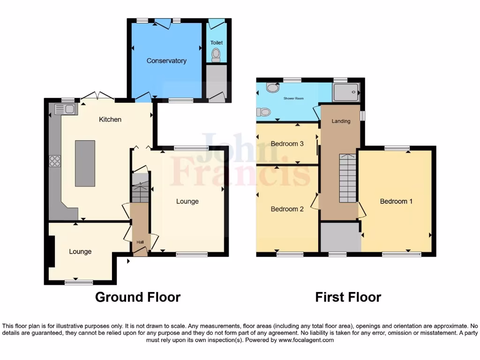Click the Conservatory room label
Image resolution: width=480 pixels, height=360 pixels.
(166, 61)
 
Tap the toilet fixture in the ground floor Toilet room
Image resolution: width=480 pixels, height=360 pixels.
(216, 55)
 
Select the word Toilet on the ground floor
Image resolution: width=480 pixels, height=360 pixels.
(216, 43)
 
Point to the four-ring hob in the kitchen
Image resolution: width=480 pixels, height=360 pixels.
(55, 161)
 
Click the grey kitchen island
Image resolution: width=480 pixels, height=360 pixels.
(85, 163)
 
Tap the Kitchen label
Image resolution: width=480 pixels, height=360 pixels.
(110, 120)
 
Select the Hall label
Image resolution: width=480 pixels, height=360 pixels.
(140, 242)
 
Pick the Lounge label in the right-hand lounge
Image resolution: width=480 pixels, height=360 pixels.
(187, 202)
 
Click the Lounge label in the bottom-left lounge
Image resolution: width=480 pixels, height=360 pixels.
(80, 252)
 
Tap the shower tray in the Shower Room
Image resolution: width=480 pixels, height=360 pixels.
(346, 92)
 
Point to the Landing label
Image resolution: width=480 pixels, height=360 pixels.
(341, 121)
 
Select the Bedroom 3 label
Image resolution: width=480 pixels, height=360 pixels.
(287, 144)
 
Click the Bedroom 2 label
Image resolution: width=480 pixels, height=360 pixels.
(287, 209)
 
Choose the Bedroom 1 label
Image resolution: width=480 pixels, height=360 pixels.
(396, 201)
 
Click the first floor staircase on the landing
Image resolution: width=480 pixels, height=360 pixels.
(347, 178)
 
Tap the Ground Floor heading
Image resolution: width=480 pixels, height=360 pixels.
(138, 297)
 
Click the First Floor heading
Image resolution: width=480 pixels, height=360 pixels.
(348, 297)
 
